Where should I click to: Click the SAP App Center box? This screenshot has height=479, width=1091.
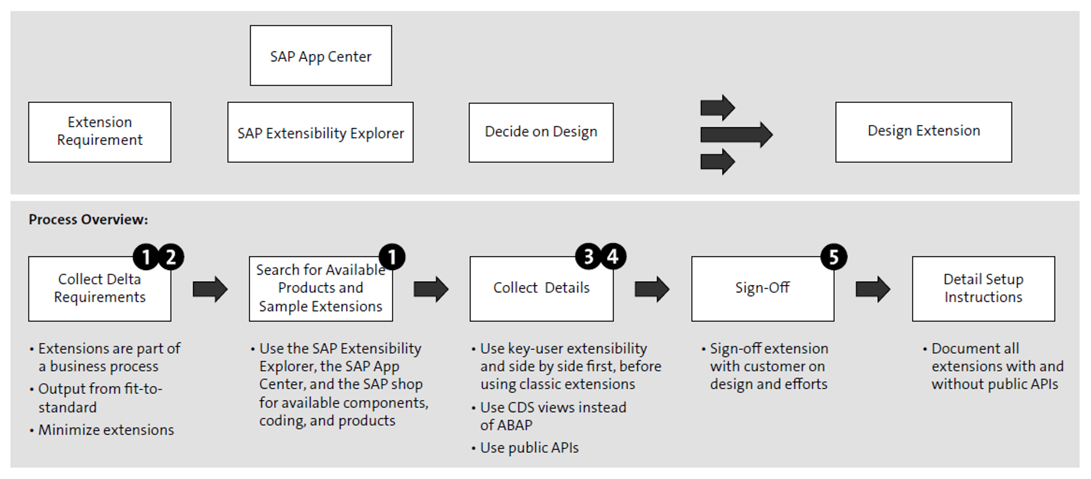coord(321,56)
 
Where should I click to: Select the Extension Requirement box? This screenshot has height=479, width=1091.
coord(99,132)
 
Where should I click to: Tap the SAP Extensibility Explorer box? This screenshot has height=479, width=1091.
coord(320,132)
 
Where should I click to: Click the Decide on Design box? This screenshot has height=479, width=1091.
coord(541,132)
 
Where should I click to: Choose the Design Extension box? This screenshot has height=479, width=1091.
coord(923,132)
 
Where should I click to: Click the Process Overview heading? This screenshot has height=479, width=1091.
coord(89,220)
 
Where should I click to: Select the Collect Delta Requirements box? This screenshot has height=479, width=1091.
coord(99,289)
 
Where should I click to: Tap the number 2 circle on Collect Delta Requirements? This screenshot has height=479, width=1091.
coord(171,257)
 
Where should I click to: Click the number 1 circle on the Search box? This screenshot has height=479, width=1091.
coord(392,257)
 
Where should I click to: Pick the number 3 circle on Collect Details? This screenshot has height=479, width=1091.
coord(588,257)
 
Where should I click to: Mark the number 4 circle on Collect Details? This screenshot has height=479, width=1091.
coord(613,257)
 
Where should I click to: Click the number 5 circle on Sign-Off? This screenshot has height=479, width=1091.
coord(834,257)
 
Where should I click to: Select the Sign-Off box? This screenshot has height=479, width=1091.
coord(762,289)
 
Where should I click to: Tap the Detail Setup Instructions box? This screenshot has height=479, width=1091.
coord(983,289)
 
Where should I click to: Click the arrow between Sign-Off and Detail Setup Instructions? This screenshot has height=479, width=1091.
coord(873,289)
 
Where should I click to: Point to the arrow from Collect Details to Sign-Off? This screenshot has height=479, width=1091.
coord(652,289)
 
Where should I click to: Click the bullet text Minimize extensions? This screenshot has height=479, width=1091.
coord(106,430)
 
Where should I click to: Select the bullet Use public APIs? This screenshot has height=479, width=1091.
coord(529,448)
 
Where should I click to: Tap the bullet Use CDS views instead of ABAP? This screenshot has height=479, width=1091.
coord(552,416)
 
